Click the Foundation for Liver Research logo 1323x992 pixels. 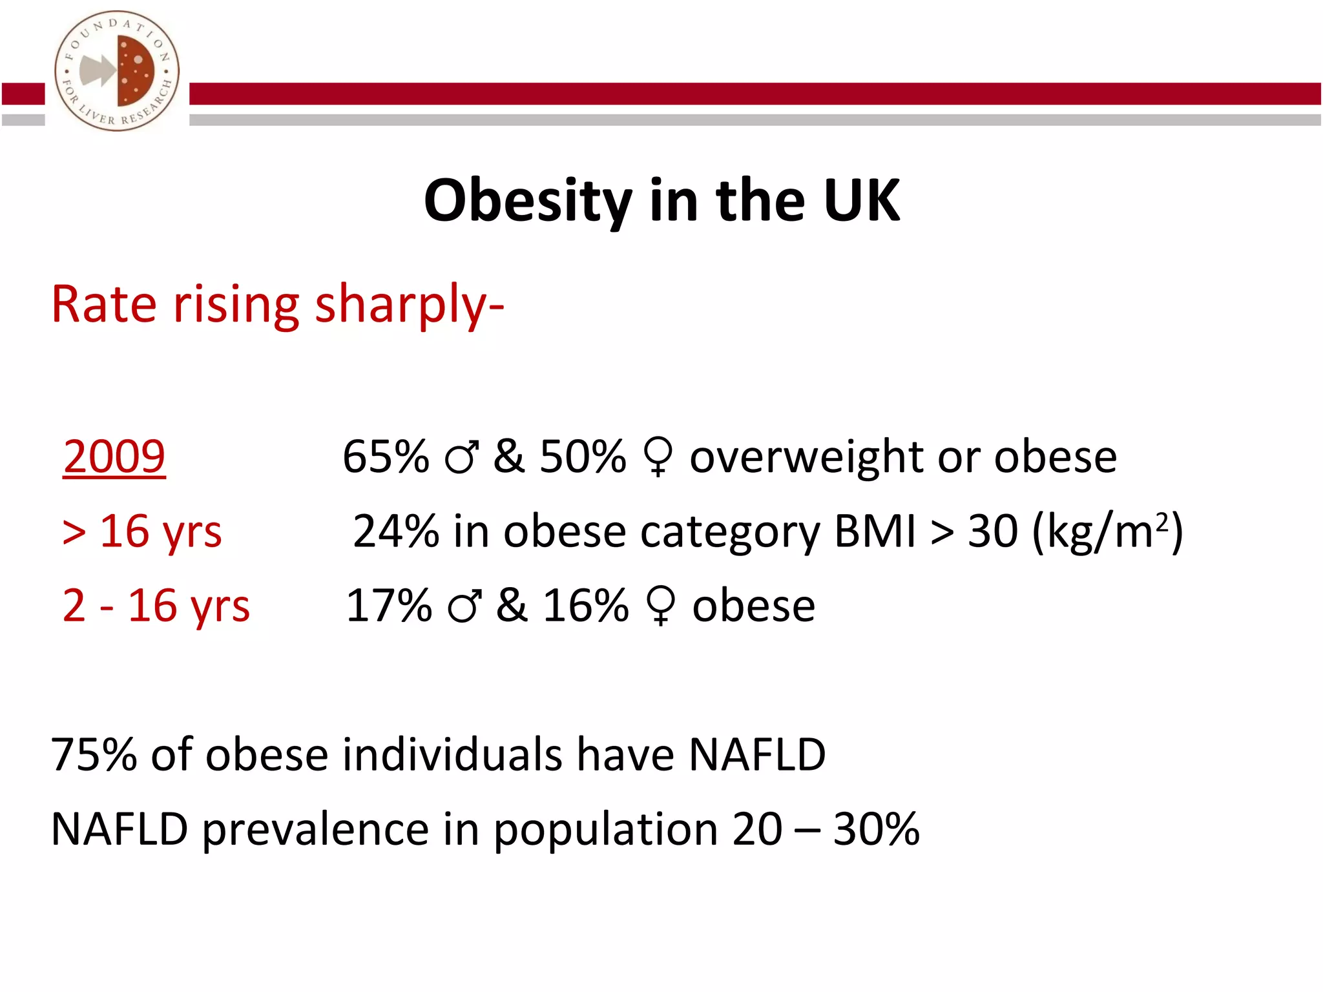[117, 71]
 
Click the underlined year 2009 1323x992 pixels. [114, 457]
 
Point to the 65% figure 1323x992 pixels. [386, 457]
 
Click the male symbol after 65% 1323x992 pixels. [462, 457]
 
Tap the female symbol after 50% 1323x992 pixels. [658, 457]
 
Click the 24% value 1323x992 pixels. [396, 532]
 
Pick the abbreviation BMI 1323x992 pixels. [875, 532]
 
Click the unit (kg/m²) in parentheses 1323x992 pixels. [1107, 532]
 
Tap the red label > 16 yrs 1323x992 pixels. [142, 532]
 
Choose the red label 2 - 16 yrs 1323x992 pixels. [156, 606]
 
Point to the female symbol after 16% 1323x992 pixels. [660, 606]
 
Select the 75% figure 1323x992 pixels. [94, 754]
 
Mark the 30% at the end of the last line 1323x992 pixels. [876, 829]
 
